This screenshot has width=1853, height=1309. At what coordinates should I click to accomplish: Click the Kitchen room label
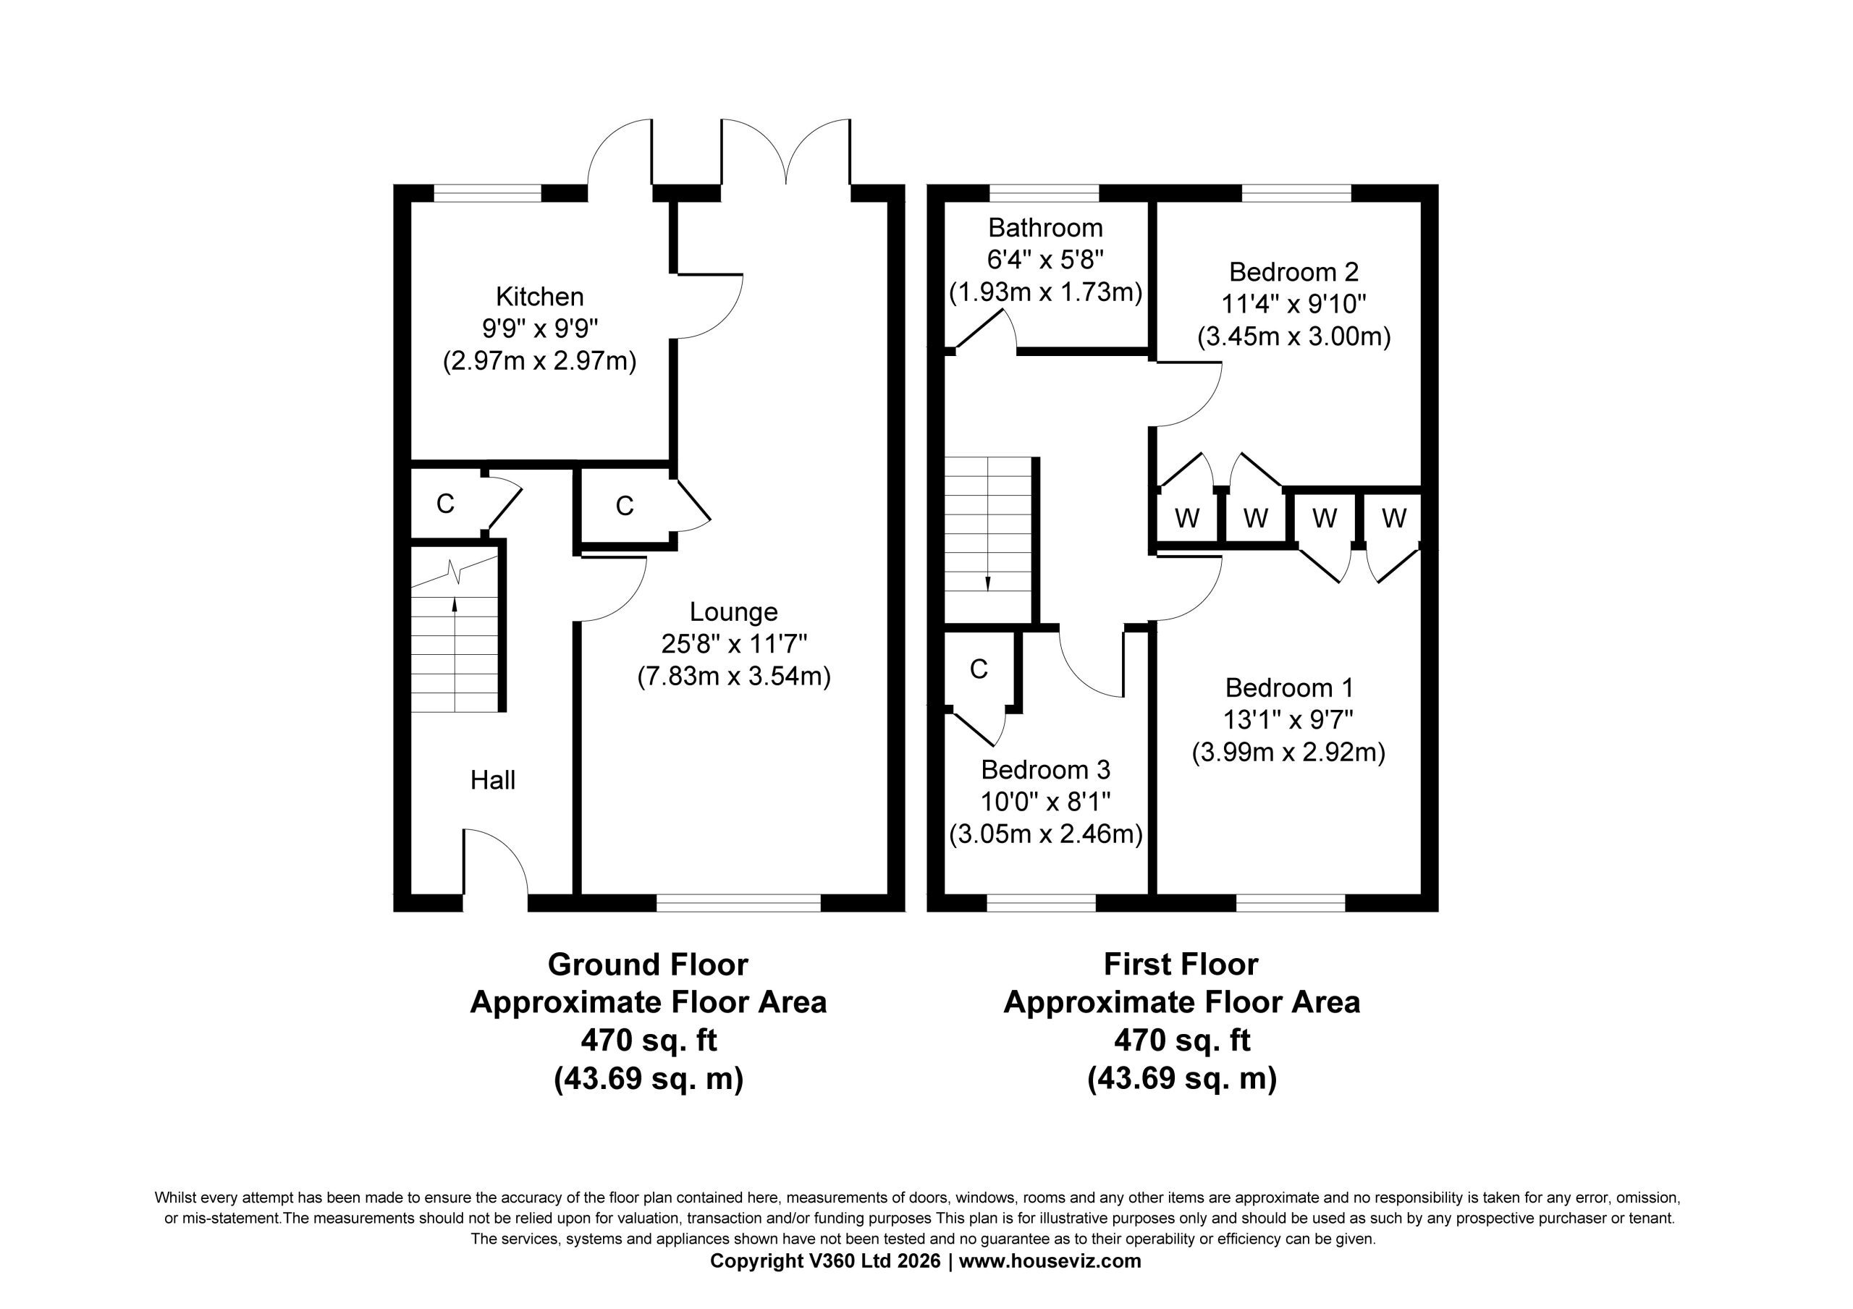tap(539, 296)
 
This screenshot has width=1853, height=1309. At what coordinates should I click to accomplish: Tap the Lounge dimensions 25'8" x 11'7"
tap(734, 643)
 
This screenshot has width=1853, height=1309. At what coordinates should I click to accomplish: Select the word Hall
tap(492, 779)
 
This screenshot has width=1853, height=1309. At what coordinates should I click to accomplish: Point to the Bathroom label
tap(1045, 228)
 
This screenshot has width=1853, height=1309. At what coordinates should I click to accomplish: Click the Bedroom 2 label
tap(1293, 271)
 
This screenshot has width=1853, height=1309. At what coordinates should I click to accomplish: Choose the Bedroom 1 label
tap(1289, 687)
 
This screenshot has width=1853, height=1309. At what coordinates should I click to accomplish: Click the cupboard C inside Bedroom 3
tap(978, 669)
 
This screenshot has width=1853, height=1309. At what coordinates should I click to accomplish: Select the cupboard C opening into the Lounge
tap(624, 505)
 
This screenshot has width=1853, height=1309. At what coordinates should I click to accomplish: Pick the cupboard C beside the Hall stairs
tap(444, 503)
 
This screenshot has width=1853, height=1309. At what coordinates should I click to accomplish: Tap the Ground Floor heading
tap(647, 964)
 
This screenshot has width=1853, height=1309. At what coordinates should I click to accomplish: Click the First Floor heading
tap(1181, 964)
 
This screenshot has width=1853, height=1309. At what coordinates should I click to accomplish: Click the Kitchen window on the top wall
tap(487, 193)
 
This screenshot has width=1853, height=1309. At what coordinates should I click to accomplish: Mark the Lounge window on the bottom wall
tap(738, 902)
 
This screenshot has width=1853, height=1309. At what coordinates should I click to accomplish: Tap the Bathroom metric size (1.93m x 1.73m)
tap(1045, 292)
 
